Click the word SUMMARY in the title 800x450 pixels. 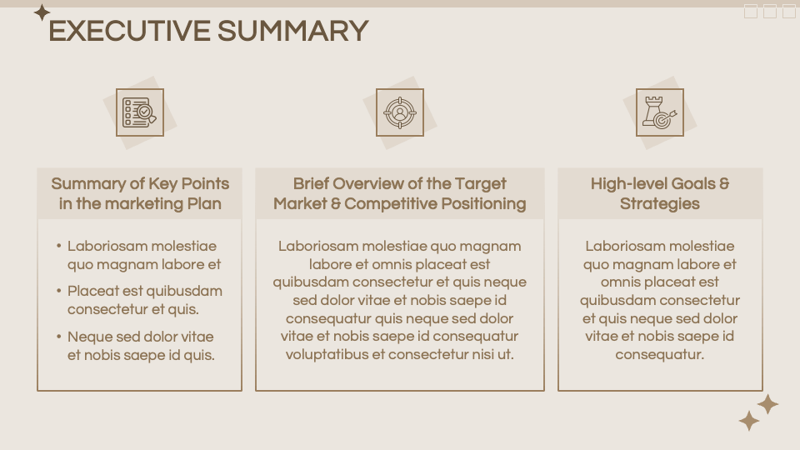pos(292,32)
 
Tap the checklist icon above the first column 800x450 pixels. pos(139,112)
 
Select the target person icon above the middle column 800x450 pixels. pos(400,112)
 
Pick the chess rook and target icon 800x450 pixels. pos(660,112)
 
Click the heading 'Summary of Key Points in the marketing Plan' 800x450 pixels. pos(140,193)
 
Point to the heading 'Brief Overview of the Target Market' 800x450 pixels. pos(400,184)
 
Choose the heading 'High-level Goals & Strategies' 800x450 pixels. pos(660,193)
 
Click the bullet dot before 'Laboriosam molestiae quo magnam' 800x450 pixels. pos(59,247)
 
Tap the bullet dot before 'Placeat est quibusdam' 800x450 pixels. pos(59,292)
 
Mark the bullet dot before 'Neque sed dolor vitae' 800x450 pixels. pos(59,337)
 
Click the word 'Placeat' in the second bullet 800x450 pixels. pos(92,292)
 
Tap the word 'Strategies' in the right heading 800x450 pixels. pos(660,204)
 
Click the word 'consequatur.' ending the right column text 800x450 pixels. pos(660,355)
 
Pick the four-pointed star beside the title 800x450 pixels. pos(42,12)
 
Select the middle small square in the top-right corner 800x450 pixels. pos(770,11)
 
